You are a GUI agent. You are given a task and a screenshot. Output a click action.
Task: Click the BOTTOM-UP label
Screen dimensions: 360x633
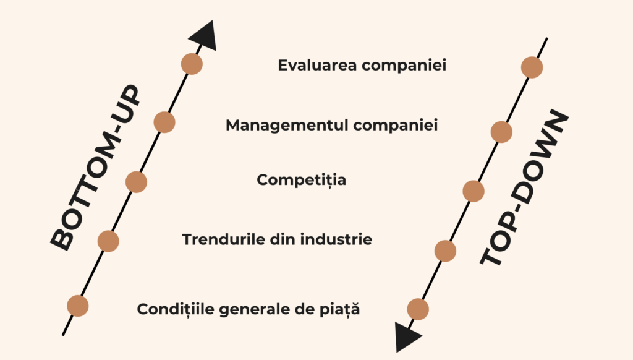tap(94, 168)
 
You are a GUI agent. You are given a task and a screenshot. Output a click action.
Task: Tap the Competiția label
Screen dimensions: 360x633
tap(301, 181)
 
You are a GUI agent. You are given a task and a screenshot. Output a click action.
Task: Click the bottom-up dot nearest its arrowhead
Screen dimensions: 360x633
tap(192, 64)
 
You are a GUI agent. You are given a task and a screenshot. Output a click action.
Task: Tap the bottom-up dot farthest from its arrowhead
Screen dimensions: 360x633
tap(78, 306)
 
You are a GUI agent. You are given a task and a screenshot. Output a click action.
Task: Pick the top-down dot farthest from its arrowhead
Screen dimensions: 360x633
tap(532, 67)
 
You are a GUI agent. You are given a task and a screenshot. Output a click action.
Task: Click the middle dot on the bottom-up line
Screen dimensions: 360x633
tap(136, 182)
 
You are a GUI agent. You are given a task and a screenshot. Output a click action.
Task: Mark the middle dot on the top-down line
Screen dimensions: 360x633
tap(474, 191)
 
